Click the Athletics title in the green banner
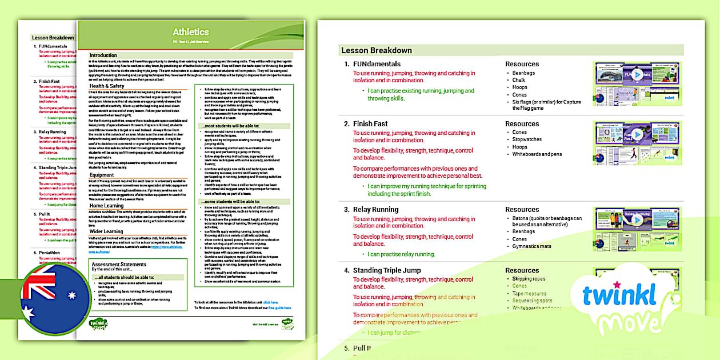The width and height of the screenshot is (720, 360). [191, 32]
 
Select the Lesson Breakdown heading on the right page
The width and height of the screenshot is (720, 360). [377, 50]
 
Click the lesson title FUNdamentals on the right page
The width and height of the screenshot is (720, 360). [377, 64]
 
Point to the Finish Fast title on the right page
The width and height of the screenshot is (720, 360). [370, 123]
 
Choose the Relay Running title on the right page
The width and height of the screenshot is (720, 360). [375, 210]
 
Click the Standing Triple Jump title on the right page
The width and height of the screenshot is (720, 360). [387, 270]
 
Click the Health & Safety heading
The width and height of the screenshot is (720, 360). [107, 86]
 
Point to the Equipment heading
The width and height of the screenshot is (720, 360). [102, 175]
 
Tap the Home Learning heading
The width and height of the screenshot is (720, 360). [107, 205]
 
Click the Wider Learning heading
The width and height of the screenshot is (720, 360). [106, 231]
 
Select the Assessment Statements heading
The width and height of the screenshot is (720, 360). [119, 265]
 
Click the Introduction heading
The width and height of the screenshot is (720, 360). [103, 55]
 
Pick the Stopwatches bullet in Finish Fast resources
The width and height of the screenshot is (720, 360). [527, 139]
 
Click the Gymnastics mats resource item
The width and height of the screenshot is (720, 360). [532, 246]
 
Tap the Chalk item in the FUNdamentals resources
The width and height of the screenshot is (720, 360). [519, 80]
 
